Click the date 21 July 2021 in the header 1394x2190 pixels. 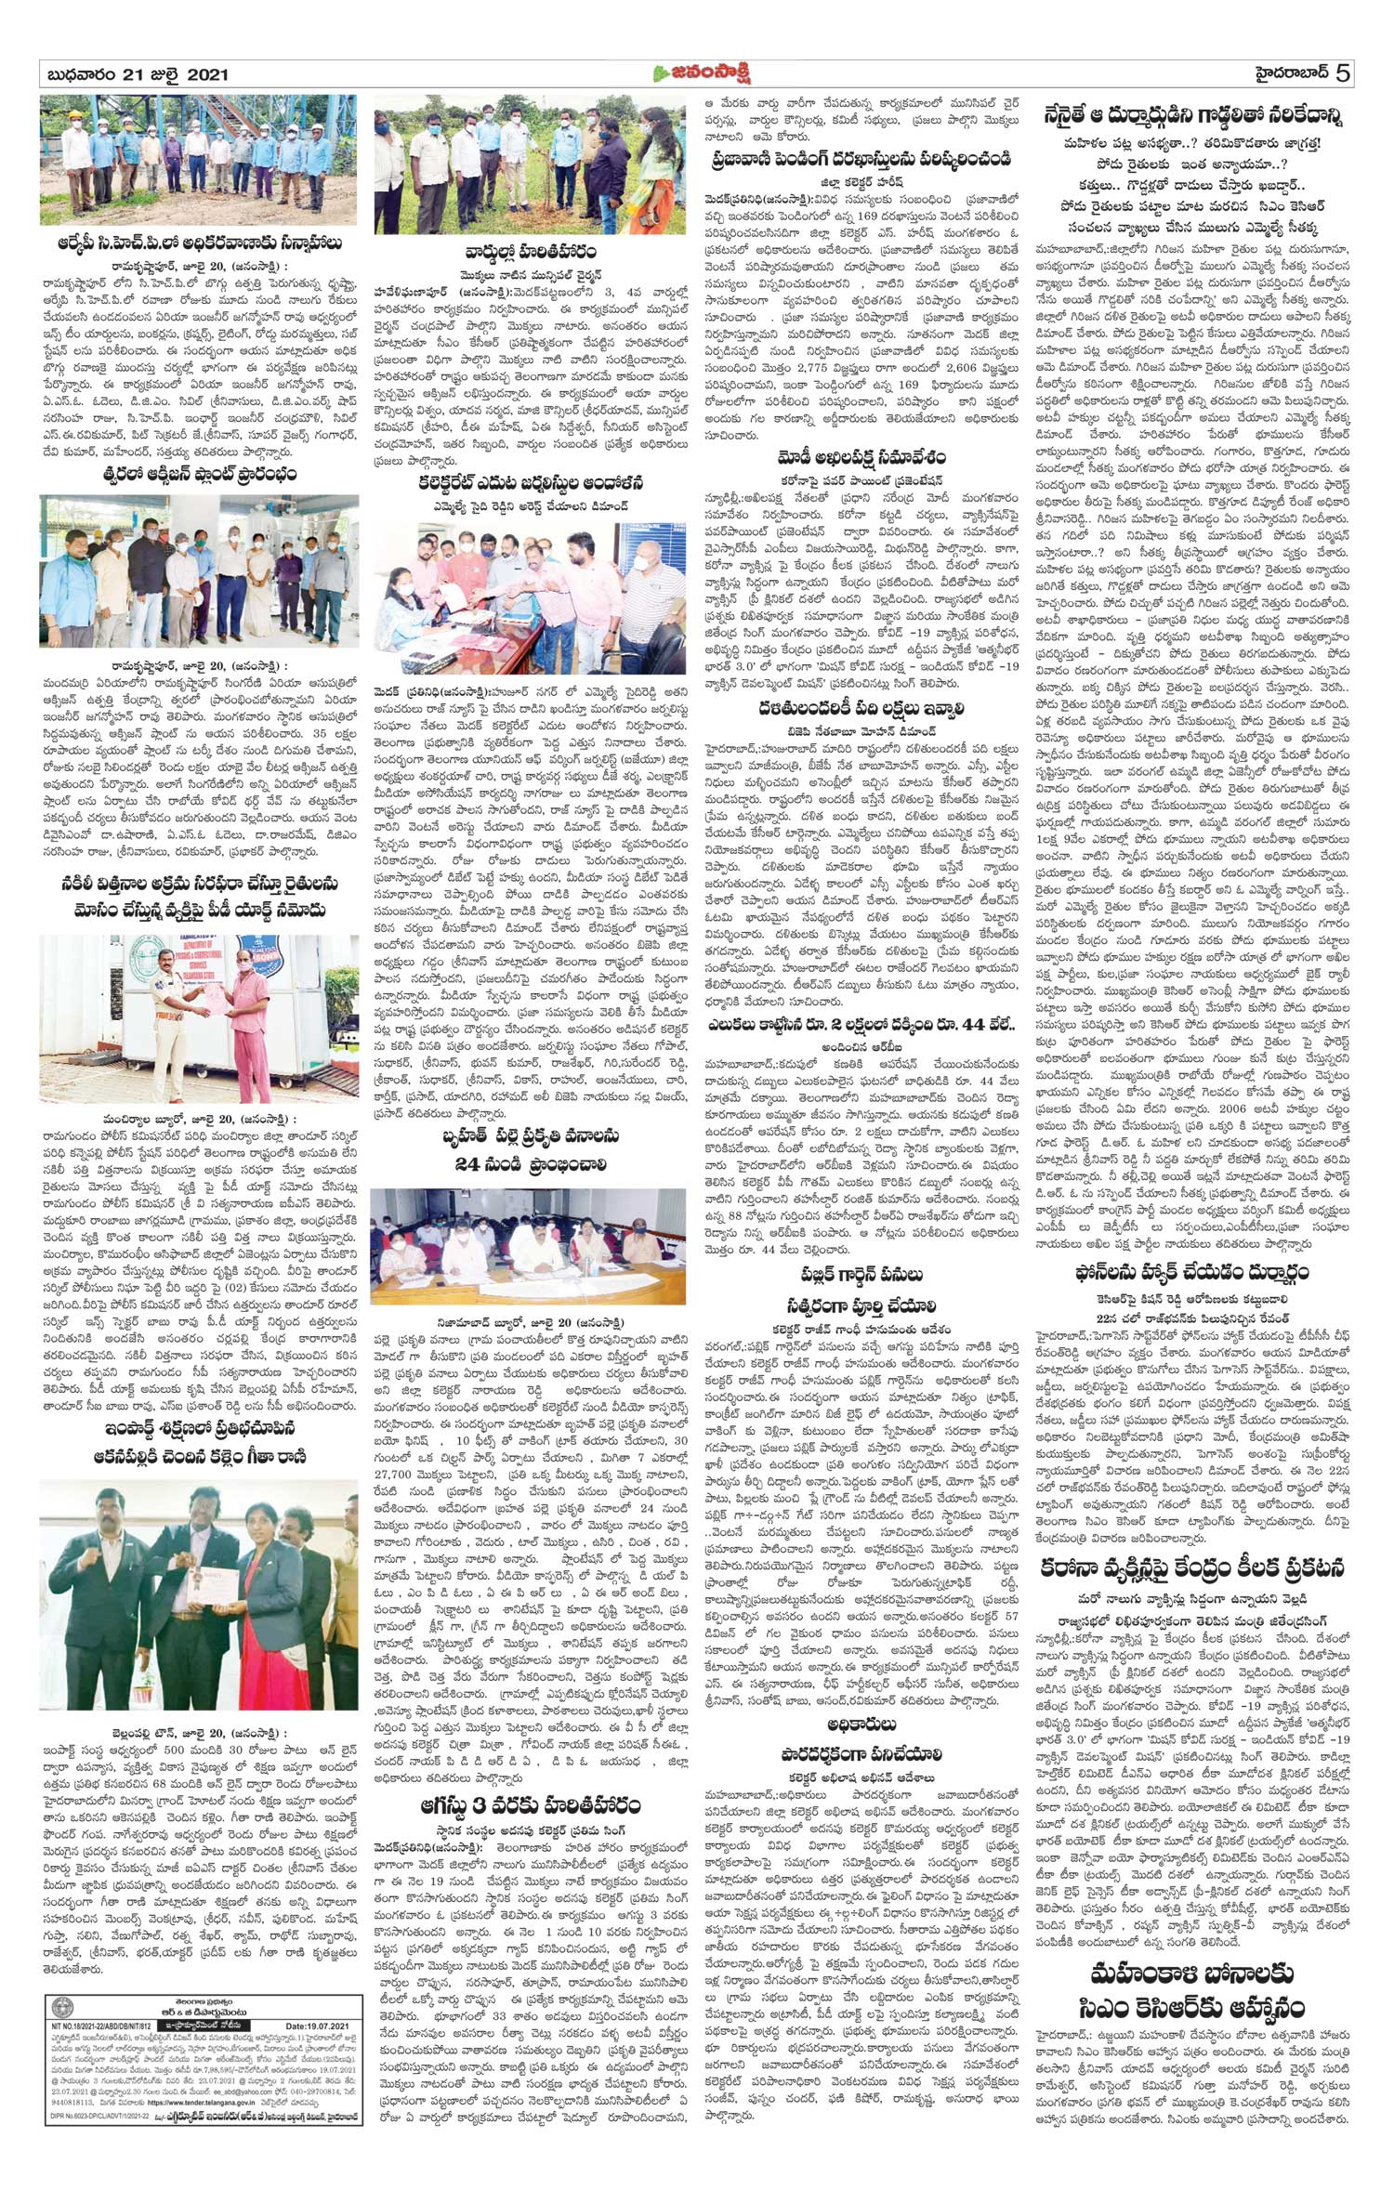(134, 74)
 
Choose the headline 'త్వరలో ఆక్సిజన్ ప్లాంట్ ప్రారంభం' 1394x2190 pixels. (199, 475)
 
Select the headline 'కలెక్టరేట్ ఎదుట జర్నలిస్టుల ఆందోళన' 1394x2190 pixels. (530, 483)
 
